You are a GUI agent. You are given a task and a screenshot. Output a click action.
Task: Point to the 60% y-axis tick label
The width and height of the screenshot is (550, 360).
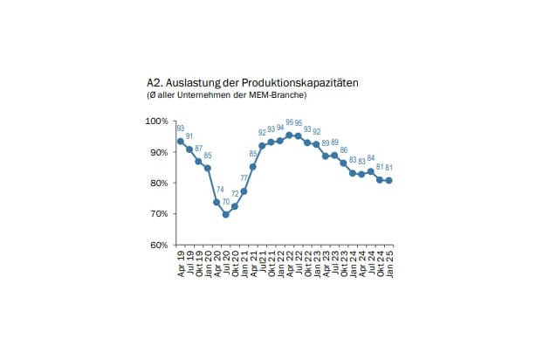click(x=162, y=245)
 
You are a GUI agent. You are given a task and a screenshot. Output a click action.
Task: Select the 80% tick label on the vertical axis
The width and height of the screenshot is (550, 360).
click(x=162, y=183)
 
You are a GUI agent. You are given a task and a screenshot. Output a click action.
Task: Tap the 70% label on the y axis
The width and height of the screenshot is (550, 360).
click(x=162, y=214)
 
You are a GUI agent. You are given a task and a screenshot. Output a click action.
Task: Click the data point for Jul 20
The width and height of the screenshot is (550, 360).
click(x=226, y=214)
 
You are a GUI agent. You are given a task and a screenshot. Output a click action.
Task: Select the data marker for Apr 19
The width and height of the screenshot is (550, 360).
click(x=180, y=142)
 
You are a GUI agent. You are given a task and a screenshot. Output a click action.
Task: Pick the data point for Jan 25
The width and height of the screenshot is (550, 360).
click(x=388, y=181)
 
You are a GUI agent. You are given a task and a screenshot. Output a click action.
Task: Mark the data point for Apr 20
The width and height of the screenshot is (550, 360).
click(x=217, y=202)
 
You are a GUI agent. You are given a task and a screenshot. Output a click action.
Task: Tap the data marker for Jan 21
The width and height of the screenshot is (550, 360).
click(x=244, y=191)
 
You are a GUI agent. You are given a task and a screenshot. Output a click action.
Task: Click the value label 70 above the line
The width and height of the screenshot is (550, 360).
click(x=226, y=203)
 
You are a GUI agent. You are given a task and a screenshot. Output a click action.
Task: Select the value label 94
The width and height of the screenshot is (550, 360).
click(x=280, y=128)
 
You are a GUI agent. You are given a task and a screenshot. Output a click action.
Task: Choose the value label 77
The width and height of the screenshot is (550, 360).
click(x=244, y=179)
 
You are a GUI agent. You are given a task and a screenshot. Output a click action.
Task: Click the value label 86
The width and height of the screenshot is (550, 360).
click(x=343, y=151)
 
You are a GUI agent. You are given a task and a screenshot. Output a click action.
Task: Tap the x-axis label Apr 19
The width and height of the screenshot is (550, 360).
click(x=181, y=261)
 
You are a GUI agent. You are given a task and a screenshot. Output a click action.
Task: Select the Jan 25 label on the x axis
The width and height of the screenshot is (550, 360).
click(x=388, y=261)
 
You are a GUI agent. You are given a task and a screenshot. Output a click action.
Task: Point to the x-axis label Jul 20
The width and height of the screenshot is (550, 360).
click(x=226, y=261)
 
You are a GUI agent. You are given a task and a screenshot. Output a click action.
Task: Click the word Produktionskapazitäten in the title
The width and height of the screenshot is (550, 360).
click(x=299, y=82)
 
